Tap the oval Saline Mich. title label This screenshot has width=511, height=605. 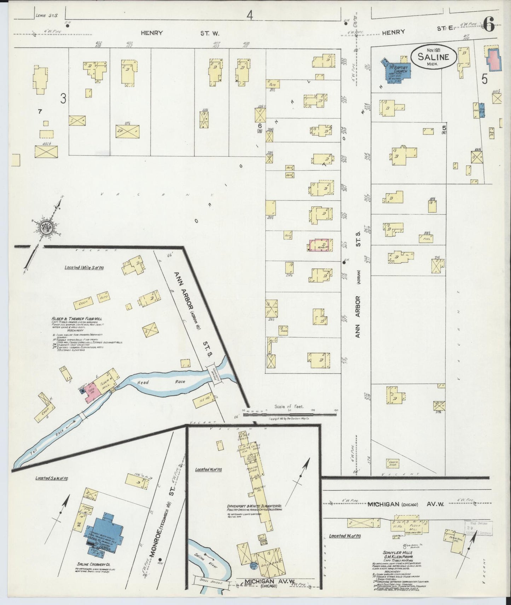coord(433,57)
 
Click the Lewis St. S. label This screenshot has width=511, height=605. coord(43,15)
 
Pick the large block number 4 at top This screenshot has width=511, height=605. coord(250,15)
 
